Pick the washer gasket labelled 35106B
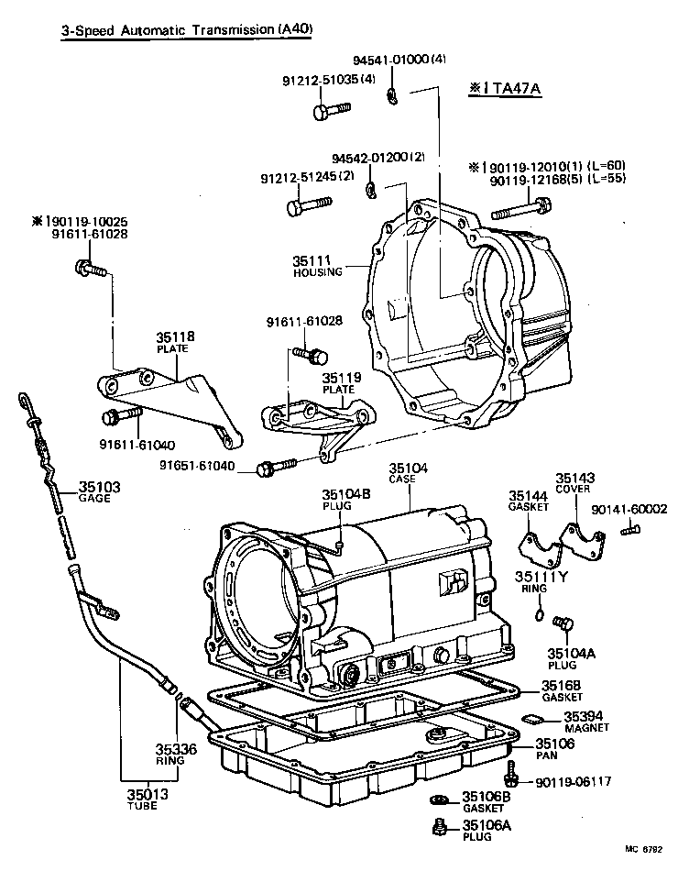point(439,799)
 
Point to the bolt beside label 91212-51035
point(329,113)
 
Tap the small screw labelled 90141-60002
point(629,529)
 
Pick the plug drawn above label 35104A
point(563,624)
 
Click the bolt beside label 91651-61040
point(276,469)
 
